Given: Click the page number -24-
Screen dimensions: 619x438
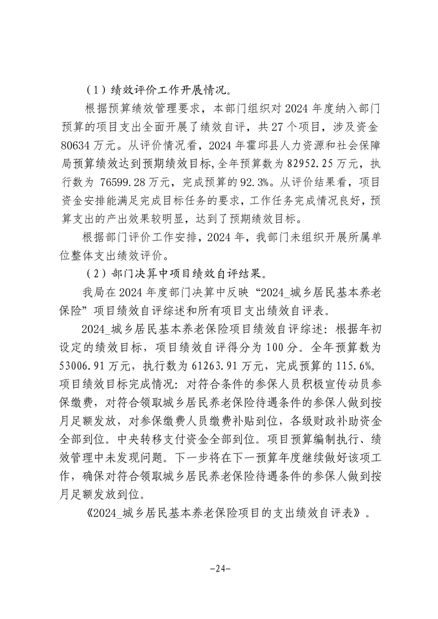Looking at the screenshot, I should (219, 568).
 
